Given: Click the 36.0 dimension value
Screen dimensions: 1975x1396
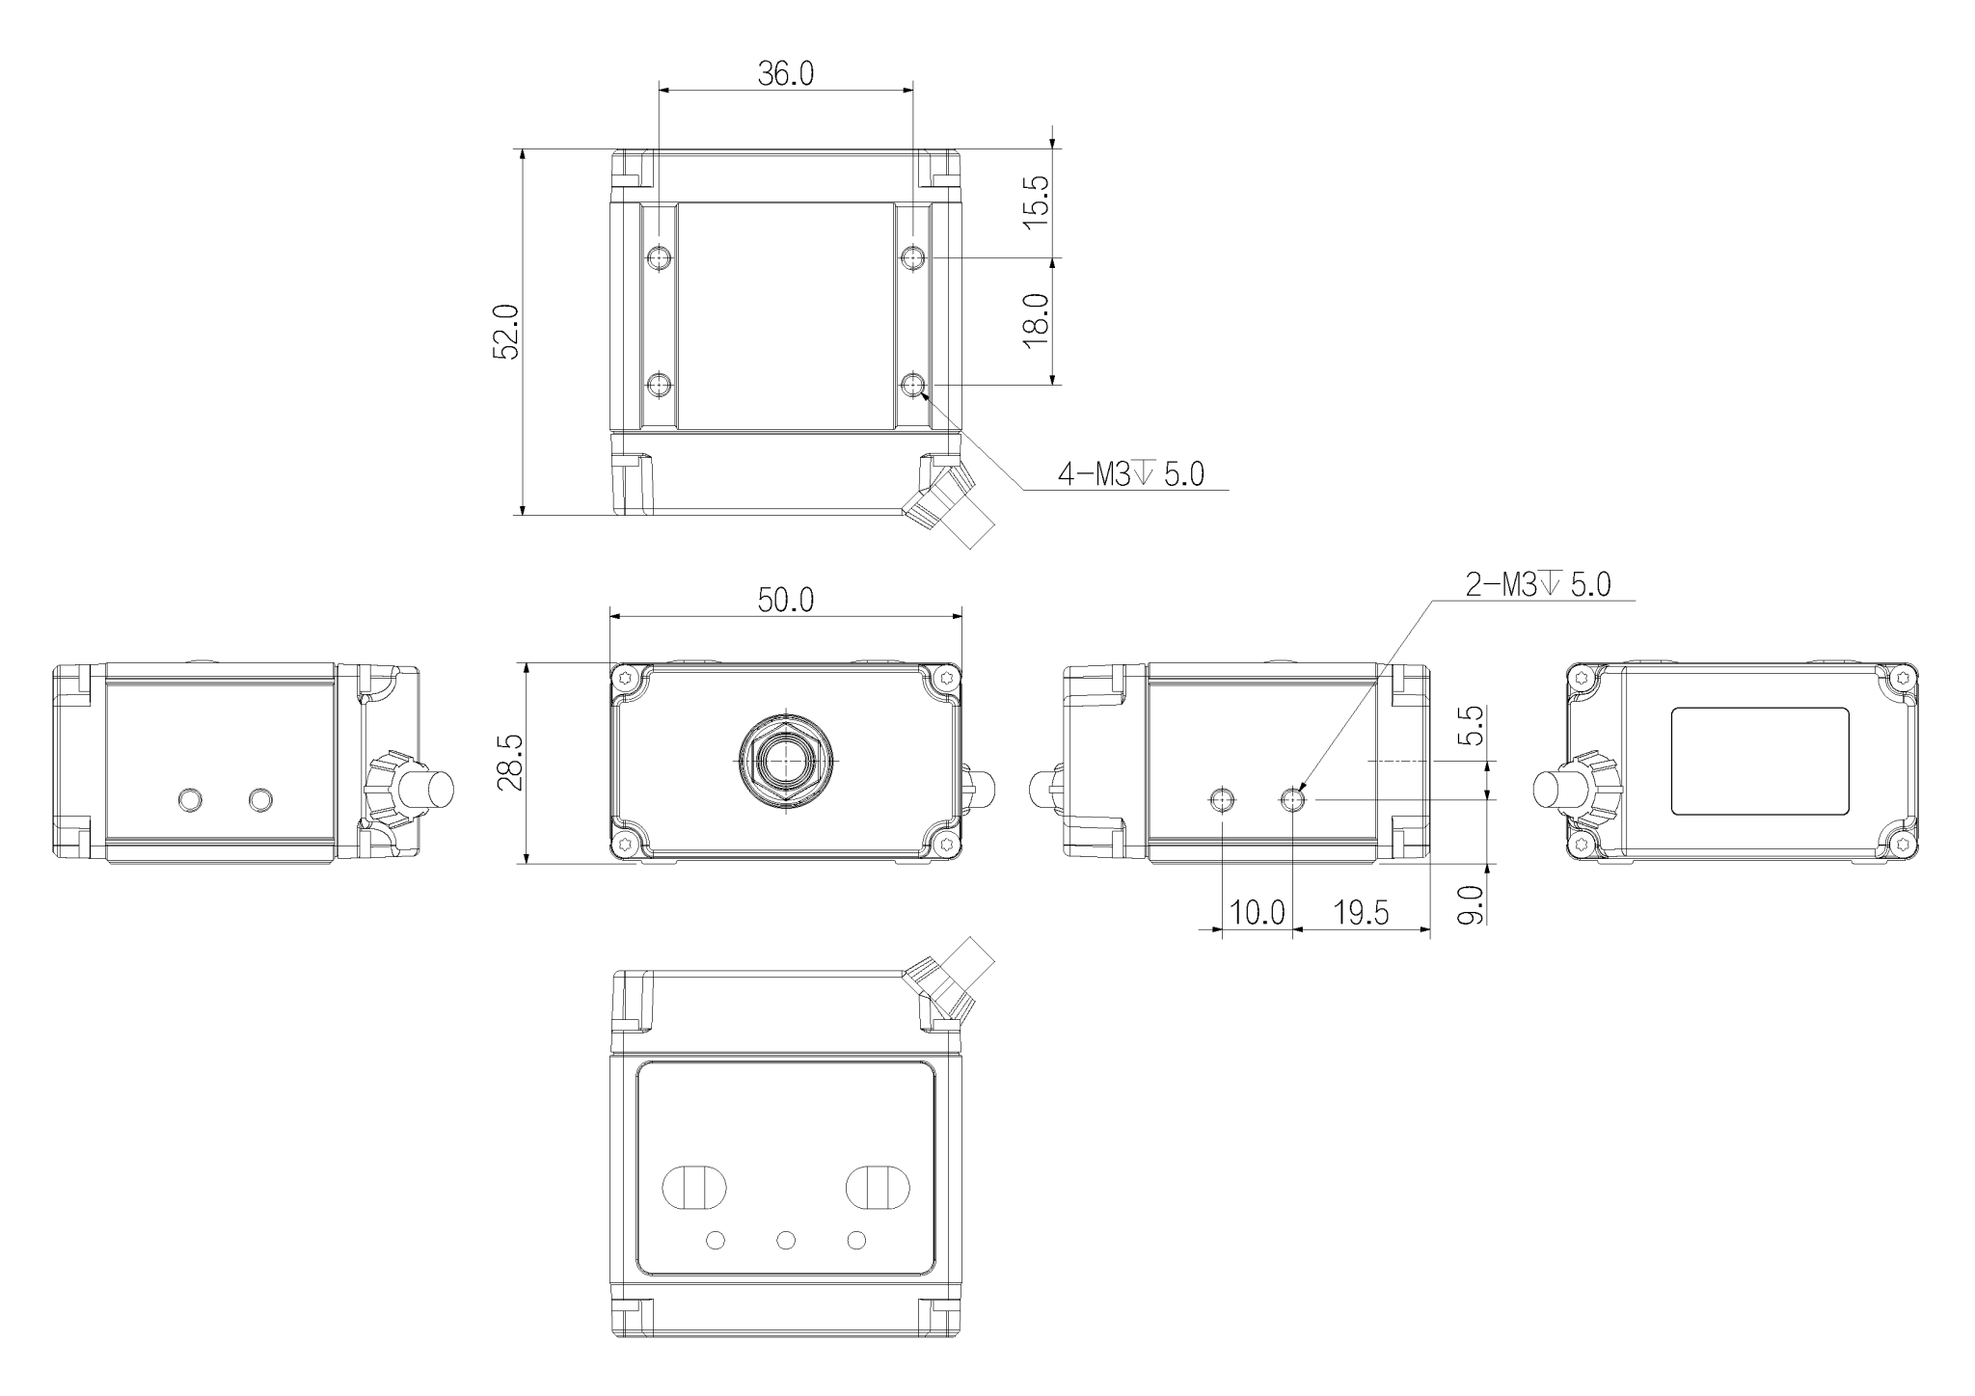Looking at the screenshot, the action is click(x=785, y=74).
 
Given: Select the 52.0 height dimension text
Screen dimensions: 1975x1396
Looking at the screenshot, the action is click(x=506, y=332).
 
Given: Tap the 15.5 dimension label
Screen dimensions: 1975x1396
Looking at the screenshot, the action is click(x=1035, y=201).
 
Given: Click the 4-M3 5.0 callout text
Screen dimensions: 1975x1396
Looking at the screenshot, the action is click(x=1131, y=473).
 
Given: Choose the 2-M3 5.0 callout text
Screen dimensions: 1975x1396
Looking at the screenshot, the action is click(x=1538, y=584).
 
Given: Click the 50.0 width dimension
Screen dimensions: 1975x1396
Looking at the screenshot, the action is click(x=785, y=600).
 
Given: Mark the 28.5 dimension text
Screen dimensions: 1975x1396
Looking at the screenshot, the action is click(x=510, y=762).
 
